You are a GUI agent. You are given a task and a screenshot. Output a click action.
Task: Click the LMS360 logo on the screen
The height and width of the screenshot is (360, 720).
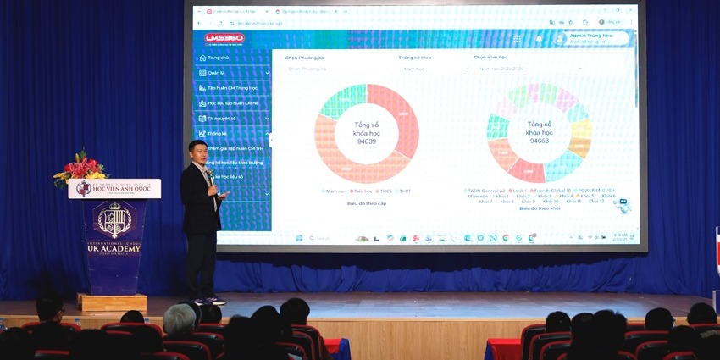click(222, 38)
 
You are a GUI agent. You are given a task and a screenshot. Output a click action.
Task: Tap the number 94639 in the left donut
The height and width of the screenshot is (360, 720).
click(367, 141)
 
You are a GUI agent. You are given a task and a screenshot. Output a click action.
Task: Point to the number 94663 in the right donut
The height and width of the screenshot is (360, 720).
click(539, 141)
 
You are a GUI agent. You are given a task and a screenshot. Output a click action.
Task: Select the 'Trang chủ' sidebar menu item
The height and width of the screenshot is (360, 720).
click(219, 58)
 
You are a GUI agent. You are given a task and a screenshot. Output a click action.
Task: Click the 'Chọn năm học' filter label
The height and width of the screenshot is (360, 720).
click(490, 58)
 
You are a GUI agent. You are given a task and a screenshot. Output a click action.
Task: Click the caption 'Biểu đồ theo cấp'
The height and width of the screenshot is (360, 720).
click(366, 204)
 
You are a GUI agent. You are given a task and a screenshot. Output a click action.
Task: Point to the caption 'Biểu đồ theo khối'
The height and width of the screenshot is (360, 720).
click(539, 208)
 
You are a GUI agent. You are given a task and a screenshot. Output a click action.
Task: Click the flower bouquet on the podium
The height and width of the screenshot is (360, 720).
click(81, 166)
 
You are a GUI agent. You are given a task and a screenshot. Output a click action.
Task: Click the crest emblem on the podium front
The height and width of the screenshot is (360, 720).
click(114, 219)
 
